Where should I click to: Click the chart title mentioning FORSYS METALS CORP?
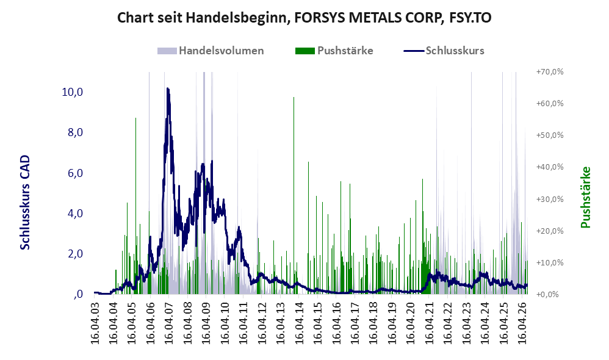(x=304, y=18)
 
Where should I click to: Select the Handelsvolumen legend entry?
(x=211, y=51)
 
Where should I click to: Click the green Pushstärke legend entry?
(x=334, y=51)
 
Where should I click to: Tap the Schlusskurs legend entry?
(x=444, y=51)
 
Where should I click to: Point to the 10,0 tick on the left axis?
(x=72, y=92)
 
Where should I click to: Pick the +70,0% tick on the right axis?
(x=550, y=72)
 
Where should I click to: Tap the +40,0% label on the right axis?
(x=550, y=167)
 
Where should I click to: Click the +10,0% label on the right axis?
(x=550, y=262)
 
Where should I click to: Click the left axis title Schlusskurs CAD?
(x=25, y=203)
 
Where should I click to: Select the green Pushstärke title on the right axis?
(x=585, y=197)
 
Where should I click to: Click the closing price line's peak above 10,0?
(x=167, y=88)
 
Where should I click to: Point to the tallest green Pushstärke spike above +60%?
(x=294, y=98)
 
